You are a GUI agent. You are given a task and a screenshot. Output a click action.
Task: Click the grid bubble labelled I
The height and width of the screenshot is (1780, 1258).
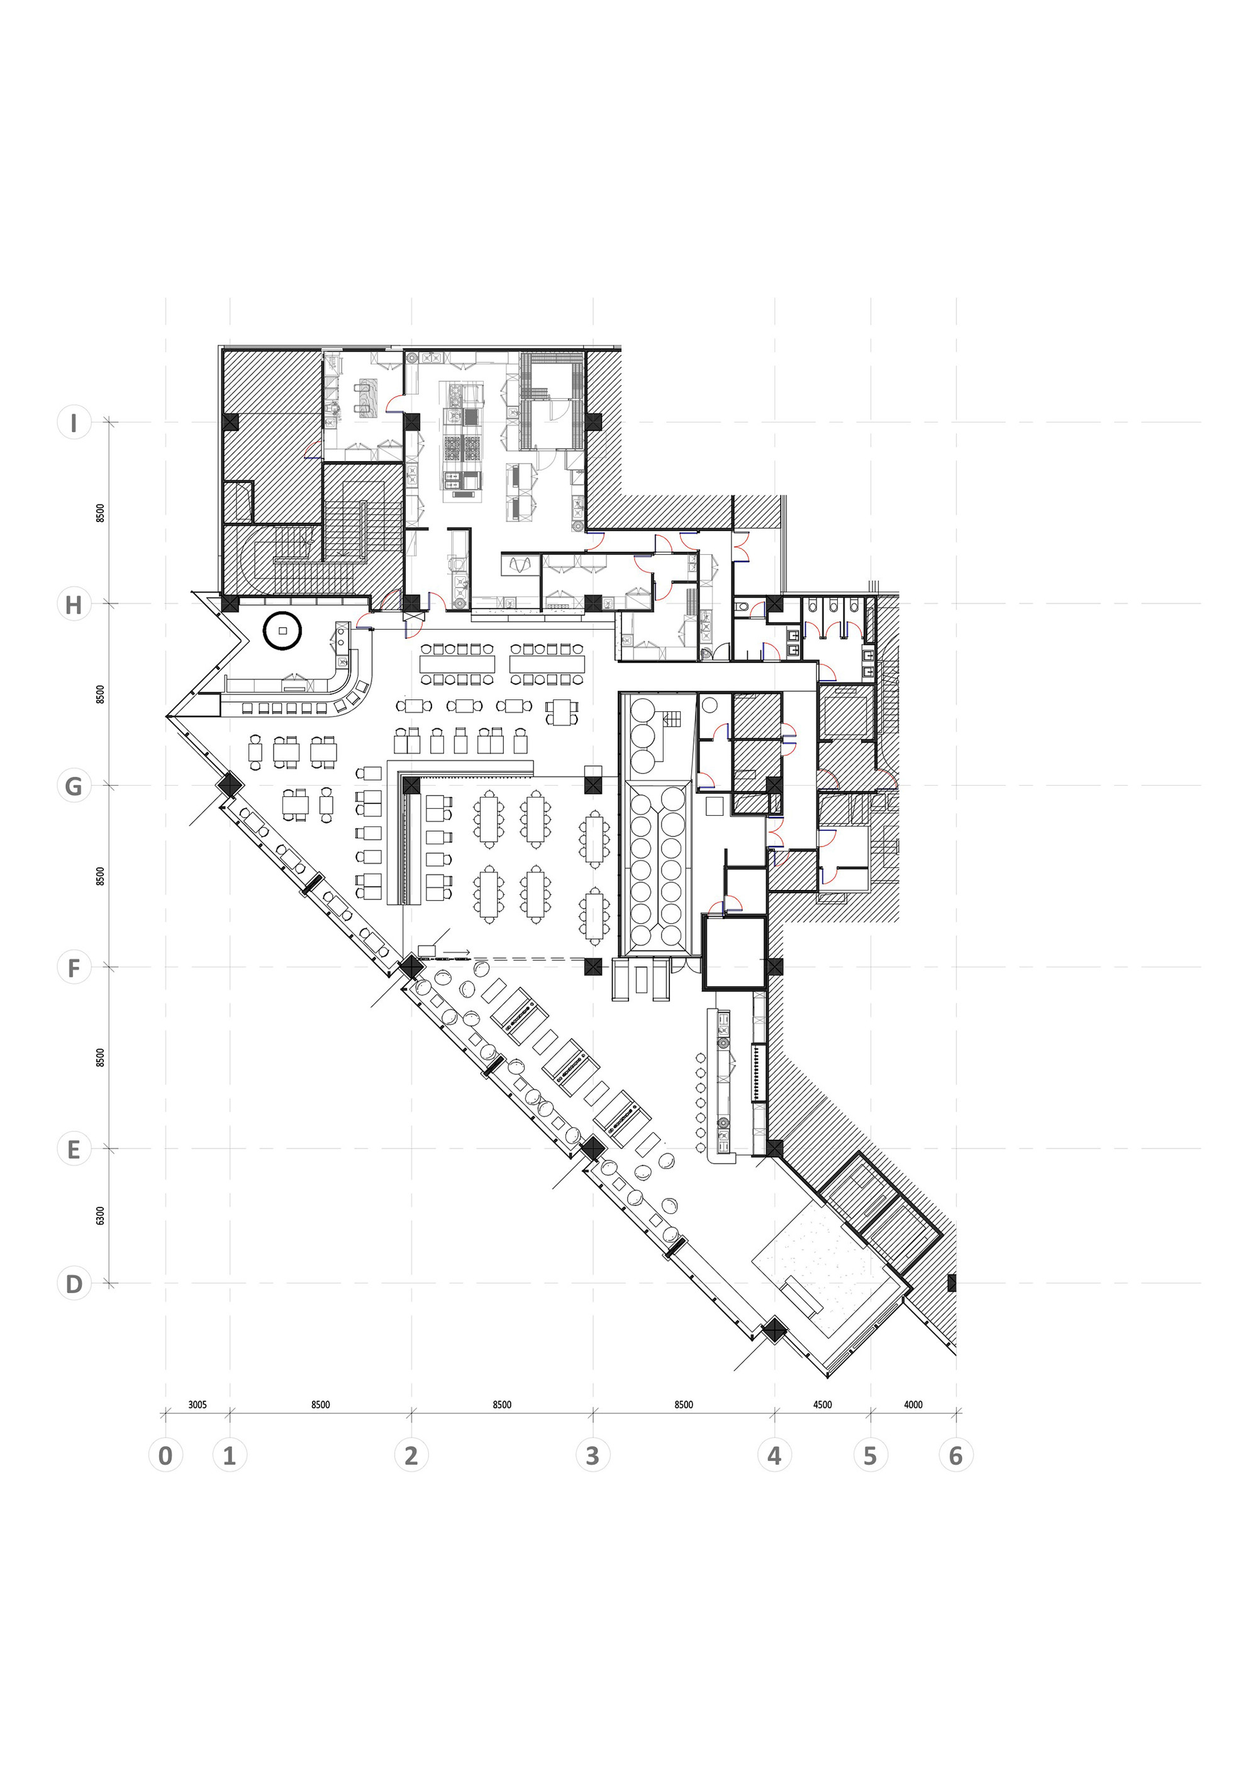click(74, 423)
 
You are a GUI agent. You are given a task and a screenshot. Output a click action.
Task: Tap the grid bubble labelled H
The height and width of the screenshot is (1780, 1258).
click(74, 604)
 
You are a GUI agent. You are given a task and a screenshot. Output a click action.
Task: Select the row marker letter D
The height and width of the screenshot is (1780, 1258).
click(74, 1284)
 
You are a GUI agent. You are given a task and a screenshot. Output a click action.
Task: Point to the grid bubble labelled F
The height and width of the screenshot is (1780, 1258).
click(74, 968)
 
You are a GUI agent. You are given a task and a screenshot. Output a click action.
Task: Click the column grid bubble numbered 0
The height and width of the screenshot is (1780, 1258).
click(165, 1455)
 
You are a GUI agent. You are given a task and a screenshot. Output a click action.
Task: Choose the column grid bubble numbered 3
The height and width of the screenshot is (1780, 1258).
click(593, 1455)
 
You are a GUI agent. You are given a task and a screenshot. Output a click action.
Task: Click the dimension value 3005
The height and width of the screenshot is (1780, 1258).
click(198, 1405)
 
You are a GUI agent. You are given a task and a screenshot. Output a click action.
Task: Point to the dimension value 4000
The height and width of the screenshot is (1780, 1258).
click(913, 1405)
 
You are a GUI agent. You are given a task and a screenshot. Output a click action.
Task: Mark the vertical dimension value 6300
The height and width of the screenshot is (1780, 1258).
click(100, 1216)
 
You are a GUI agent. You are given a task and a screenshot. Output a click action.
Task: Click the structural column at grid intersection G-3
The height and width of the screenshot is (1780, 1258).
click(593, 786)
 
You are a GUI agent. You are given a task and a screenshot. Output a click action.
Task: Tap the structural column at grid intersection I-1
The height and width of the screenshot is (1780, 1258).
click(230, 423)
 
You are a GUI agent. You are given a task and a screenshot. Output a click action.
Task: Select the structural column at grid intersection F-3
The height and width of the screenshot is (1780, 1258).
click(593, 967)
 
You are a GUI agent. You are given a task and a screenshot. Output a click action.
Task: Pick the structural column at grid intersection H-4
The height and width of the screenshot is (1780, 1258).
click(774, 604)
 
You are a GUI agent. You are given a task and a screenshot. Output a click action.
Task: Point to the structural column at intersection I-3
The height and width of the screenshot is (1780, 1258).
click(593, 423)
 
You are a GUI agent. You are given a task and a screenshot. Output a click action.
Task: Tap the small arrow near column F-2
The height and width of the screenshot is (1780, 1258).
click(457, 951)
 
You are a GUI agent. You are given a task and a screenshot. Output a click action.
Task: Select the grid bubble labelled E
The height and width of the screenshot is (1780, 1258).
click(74, 1150)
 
